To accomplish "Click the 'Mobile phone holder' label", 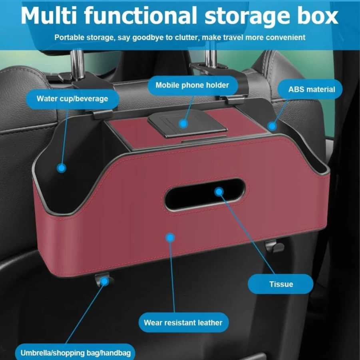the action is (x=193, y=86).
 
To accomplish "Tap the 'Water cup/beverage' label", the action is (x=72, y=99).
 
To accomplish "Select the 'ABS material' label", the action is (x=310, y=90).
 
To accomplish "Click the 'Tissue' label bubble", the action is (x=280, y=284).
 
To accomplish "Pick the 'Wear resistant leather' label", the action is (x=183, y=322).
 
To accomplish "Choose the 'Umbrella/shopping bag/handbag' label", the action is (x=75, y=352).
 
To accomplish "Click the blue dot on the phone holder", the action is (x=183, y=124).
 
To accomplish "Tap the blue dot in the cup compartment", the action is (x=61, y=168).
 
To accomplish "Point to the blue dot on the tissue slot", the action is (x=219, y=191).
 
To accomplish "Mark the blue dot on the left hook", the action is (x=105, y=281).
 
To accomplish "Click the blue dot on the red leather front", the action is (x=170, y=238).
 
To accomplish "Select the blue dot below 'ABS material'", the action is (x=272, y=126).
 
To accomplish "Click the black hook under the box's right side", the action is (x=274, y=247).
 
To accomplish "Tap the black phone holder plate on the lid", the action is (x=187, y=124).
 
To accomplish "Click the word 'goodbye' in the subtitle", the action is (x=149, y=38).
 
